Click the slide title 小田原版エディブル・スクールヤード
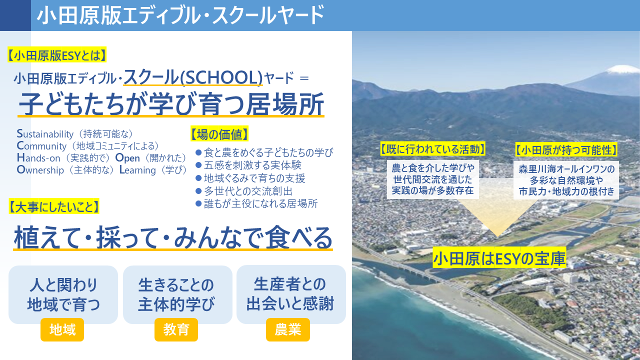(180, 15)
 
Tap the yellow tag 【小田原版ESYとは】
(58, 55)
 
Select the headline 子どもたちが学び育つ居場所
(171, 104)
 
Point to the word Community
(41, 146)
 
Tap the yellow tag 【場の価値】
(219, 134)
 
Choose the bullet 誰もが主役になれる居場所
(260, 204)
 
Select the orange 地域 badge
(62, 330)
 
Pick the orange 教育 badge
(176, 330)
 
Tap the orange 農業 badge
(288, 330)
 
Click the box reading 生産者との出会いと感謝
(291, 294)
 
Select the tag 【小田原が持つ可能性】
(566, 149)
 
